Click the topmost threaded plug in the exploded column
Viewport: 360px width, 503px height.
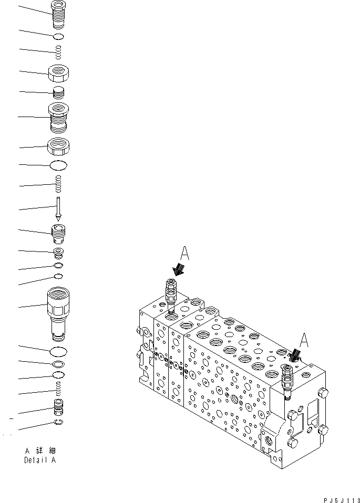[x=59, y=13]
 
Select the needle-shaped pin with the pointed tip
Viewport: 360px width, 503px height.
[x=59, y=208]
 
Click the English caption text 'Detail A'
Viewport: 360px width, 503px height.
[x=40, y=460]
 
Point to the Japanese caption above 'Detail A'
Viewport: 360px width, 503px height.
[x=40, y=450]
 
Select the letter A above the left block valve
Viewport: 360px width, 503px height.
[x=184, y=254]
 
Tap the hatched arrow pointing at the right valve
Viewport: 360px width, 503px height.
[x=295, y=357]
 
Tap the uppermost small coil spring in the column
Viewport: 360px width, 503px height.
[x=59, y=51]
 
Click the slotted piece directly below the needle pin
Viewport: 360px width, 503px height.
[x=59, y=230]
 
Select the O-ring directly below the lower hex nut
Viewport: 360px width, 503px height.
[x=59, y=166]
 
